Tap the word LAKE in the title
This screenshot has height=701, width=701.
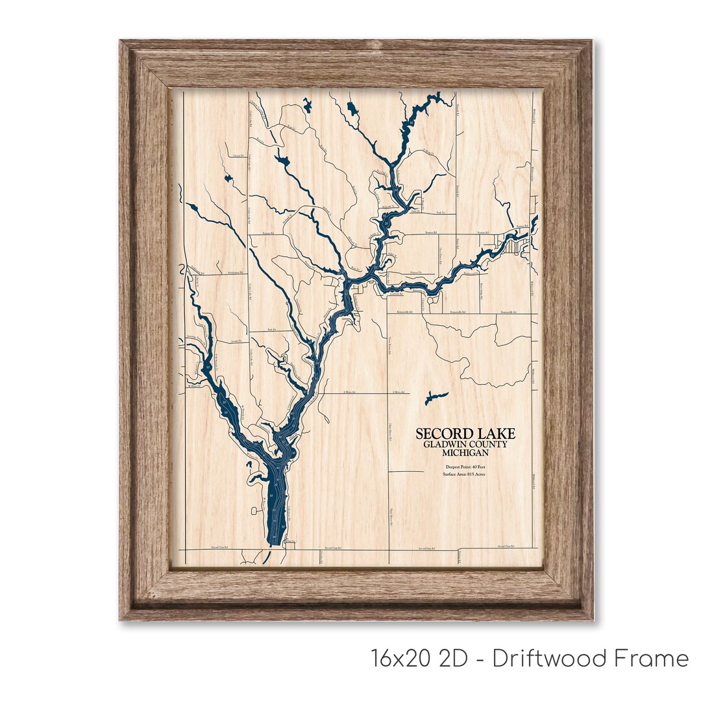click(x=497, y=434)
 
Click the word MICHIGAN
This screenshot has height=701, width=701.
click(x=465, y=452)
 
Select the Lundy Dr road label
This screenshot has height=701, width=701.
click(x=236, y=341)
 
